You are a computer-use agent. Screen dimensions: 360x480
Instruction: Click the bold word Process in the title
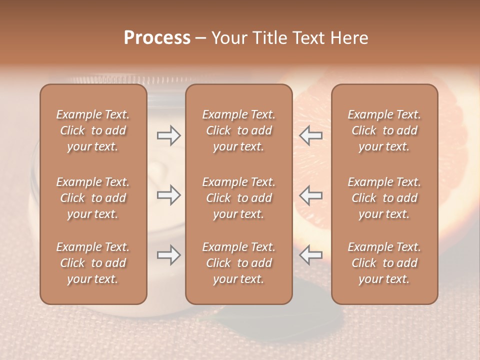pyautogui.click(x=157, y=38)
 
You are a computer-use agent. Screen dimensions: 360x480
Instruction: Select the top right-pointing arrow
pyautogui.click(x=168, y=135)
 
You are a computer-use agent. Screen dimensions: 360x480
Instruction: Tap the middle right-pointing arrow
pyautogui.click(x=168, y=195)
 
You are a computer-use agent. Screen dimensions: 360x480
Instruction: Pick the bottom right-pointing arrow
pyautogui.click(x=168, y=255)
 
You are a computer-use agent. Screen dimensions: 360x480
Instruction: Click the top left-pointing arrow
pyautogui.click(x=311, y=135)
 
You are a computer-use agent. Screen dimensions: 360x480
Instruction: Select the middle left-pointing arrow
pyautogui.click(x=311, y=195)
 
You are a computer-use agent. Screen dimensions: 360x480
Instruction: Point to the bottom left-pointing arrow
pyautogui.click(x=311, y=255)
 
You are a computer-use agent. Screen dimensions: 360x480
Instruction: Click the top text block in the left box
pyautogui.click(x=93, y=130)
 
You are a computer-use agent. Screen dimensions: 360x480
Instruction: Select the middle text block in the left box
pyautogui.click(x=93, y=198)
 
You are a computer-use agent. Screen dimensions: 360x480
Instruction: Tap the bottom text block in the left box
pyautogui.click(x=93, y=263)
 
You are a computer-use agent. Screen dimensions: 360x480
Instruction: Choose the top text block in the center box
pyautogui.click(x=238, y=130)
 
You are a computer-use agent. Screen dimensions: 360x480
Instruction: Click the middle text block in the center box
pyautogui.click(x=238, y=198)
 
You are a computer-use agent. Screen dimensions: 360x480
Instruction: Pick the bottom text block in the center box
pyautogui.click(x=238, y=263)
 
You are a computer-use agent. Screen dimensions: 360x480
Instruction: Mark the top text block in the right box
pyautogui.click(x=384, y=130)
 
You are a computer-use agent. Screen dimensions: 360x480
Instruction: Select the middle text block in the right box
pyautogui.click(x=384, y=198)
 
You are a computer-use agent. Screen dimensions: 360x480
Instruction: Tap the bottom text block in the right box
pyautogui.click(x=384, y=263)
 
